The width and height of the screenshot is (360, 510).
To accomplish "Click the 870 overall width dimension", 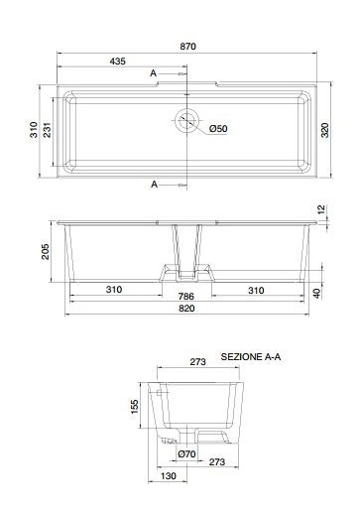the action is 187,47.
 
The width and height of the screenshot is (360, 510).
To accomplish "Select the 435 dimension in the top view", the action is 118,62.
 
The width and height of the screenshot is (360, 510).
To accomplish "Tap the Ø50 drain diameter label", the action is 218,128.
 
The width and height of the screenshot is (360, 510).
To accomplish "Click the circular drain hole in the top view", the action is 187,120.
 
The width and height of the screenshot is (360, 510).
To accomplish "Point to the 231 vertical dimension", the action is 47,130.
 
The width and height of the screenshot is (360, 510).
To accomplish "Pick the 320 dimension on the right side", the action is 325,130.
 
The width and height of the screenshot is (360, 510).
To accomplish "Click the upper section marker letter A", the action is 153,73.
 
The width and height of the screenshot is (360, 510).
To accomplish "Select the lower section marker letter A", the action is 154,185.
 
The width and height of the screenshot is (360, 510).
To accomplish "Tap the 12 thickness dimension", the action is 321,209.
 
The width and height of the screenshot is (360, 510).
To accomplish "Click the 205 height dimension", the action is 45,252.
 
